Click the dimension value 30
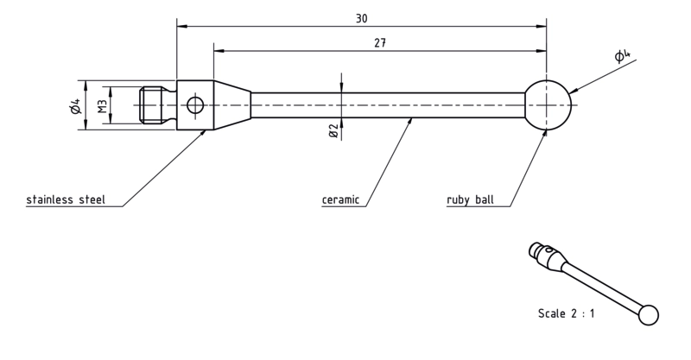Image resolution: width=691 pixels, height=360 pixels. (x=361, y=18)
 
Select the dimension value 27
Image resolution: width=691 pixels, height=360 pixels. (x=380, y=43)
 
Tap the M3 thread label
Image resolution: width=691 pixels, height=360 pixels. (x=102, y=105)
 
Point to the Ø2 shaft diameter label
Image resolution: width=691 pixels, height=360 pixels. (x=333, y=130)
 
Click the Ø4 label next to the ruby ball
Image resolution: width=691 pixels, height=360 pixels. (x=622, y=56)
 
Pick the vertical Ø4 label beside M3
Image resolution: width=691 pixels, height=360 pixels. (x=76, y=105)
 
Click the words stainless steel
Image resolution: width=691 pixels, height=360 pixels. (x=66, y=199)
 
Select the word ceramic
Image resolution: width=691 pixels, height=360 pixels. (x=340, y=199)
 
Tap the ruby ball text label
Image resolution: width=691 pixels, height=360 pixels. (x=470, y=199)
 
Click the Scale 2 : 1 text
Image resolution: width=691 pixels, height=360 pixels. (x=567, y=313)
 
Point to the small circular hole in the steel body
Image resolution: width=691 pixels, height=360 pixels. (x=195, y=105)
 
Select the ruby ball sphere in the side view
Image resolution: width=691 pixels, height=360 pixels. (x=548, y=105)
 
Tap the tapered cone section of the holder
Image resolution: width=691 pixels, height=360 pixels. (x=232, y=105)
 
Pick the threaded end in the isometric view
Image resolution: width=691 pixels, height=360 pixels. (x=535, y=249)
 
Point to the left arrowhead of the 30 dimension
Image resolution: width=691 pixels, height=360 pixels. (x=182, y=27)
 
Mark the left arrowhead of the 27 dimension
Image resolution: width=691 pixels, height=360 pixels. (x=219, y=51)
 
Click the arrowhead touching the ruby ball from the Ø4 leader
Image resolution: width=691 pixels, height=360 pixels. (x=574, y=91)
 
